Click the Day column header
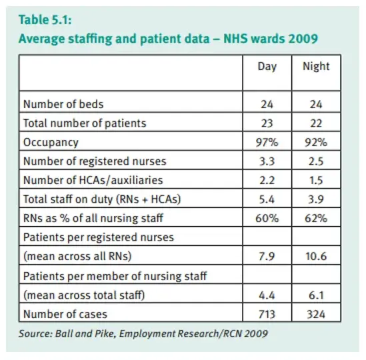coord(267,67)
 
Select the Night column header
coord(316,66)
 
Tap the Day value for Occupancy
coord(267,142)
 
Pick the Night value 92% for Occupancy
coord(316,142)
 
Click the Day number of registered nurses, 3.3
coord(267,161)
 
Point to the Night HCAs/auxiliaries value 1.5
coord(316,181)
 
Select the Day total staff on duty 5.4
coord(267,199)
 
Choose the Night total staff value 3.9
coord(316,199)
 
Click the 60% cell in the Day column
coord(267,219)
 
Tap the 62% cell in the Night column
coord(316,219)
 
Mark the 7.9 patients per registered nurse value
coord(267,257)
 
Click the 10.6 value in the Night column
coord(316,257)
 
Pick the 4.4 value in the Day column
coord(267,295)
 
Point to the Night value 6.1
coord(316,295)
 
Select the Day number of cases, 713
coord(267,314)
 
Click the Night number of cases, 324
coord(316,314)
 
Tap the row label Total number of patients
coord(85,123)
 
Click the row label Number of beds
coord(63,104)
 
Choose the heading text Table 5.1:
coord(45,19)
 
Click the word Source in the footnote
coord(35,333)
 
